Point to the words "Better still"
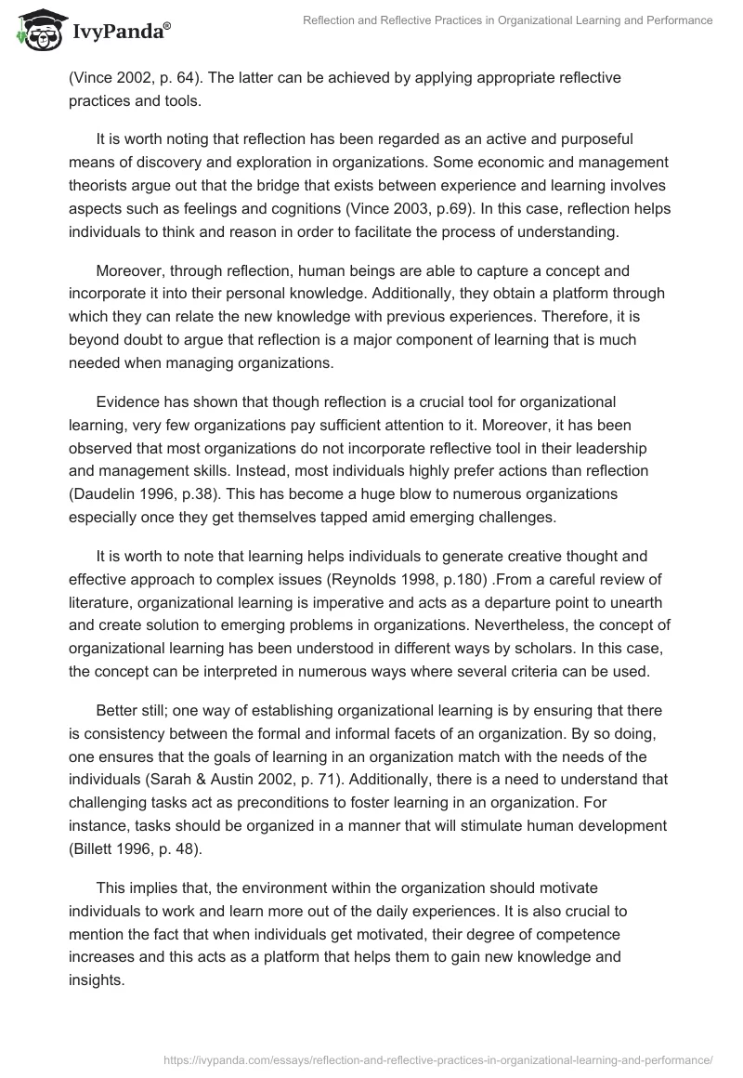click(137, 710)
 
